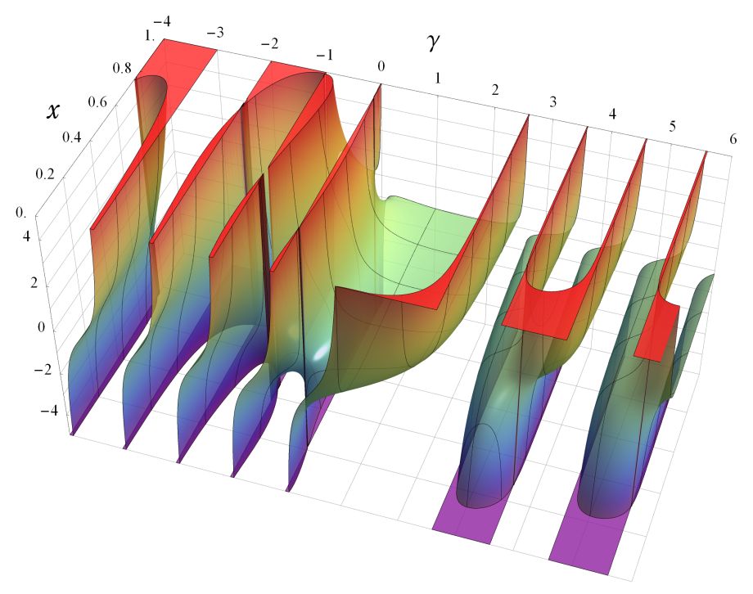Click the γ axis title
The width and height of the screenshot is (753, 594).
pos(432,43)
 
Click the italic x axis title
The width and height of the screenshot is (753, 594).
pos(53,111)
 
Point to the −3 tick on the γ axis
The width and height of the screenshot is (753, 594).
pos(215,34)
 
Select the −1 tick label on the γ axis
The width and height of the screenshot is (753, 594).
pos(324,55)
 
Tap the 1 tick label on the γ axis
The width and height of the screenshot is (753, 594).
pos(438,78)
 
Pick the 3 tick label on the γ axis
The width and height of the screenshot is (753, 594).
pos(553,101)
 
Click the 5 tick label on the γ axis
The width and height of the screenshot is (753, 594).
pos(672,126)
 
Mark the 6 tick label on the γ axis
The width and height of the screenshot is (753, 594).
pos(733,138)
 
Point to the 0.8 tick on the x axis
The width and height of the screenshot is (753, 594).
pos(121,68)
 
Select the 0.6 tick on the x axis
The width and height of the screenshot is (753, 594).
pos(97,101)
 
